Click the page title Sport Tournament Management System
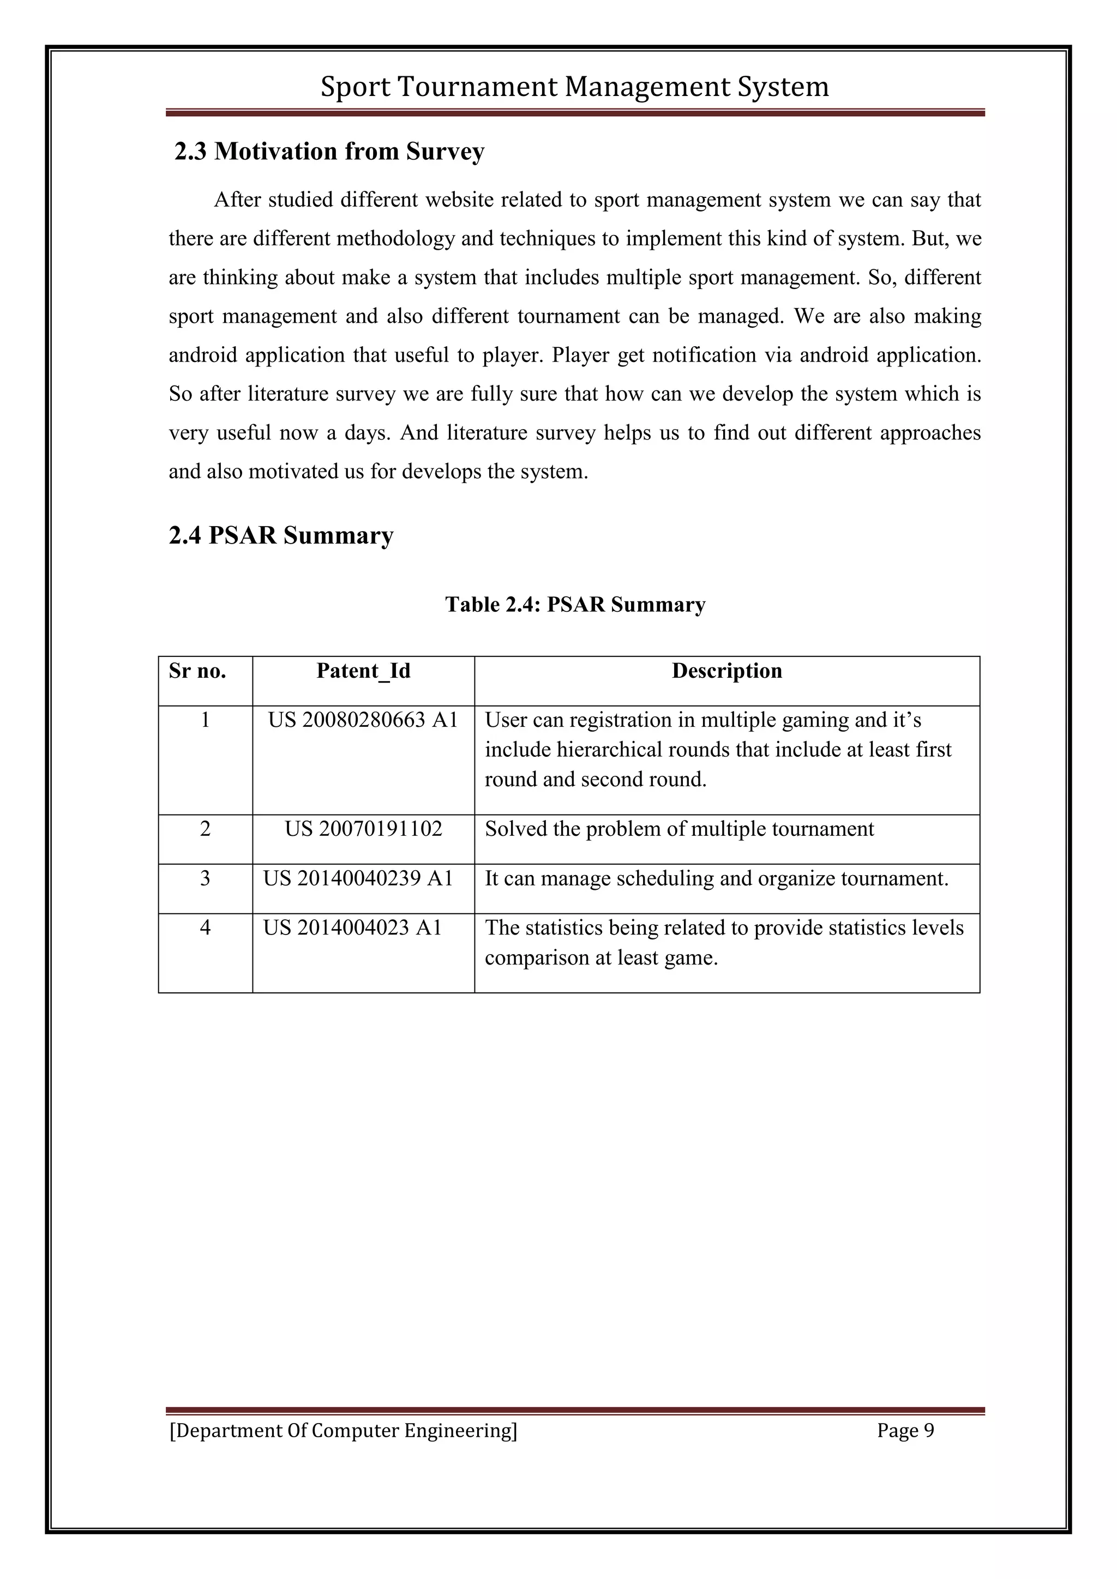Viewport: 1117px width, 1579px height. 574,87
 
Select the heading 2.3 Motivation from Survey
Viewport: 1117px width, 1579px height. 329,151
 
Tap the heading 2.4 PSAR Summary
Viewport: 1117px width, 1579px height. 281,535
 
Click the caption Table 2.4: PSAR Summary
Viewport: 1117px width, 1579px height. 575,605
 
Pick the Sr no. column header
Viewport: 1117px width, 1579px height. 197,671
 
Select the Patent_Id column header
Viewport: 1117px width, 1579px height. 363,671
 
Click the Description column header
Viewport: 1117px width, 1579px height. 726,671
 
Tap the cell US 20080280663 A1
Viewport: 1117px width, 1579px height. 363,720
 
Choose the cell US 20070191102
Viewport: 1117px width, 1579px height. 363,829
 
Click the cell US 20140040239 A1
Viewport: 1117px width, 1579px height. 358,878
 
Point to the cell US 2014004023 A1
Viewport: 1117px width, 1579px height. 352,928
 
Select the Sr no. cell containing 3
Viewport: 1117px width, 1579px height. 205,878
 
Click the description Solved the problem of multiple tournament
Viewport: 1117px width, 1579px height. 679,829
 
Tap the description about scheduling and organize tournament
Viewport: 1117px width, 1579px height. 716,878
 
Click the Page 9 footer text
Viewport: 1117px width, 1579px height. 905,1431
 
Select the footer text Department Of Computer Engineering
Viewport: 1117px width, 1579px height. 343,1431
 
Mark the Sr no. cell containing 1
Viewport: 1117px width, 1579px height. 205,720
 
